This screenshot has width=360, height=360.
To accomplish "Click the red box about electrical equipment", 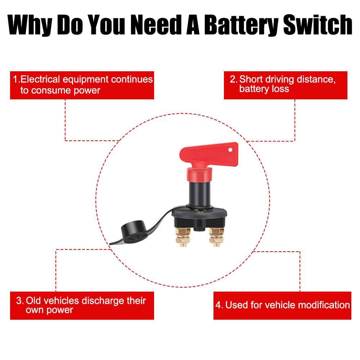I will click(x=82, y=85).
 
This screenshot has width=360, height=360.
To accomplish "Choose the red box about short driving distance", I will click(x=285, y=85).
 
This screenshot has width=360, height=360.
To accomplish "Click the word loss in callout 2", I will click(x=281, y=89).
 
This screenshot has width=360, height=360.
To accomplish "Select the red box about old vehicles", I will click(x=82, y=305).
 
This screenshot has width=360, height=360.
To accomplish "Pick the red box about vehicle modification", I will click(x=282, y=306).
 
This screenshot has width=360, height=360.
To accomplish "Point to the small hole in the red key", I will click(x=230, y=148).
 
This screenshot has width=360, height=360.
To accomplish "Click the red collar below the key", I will click(x=198, y=175).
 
